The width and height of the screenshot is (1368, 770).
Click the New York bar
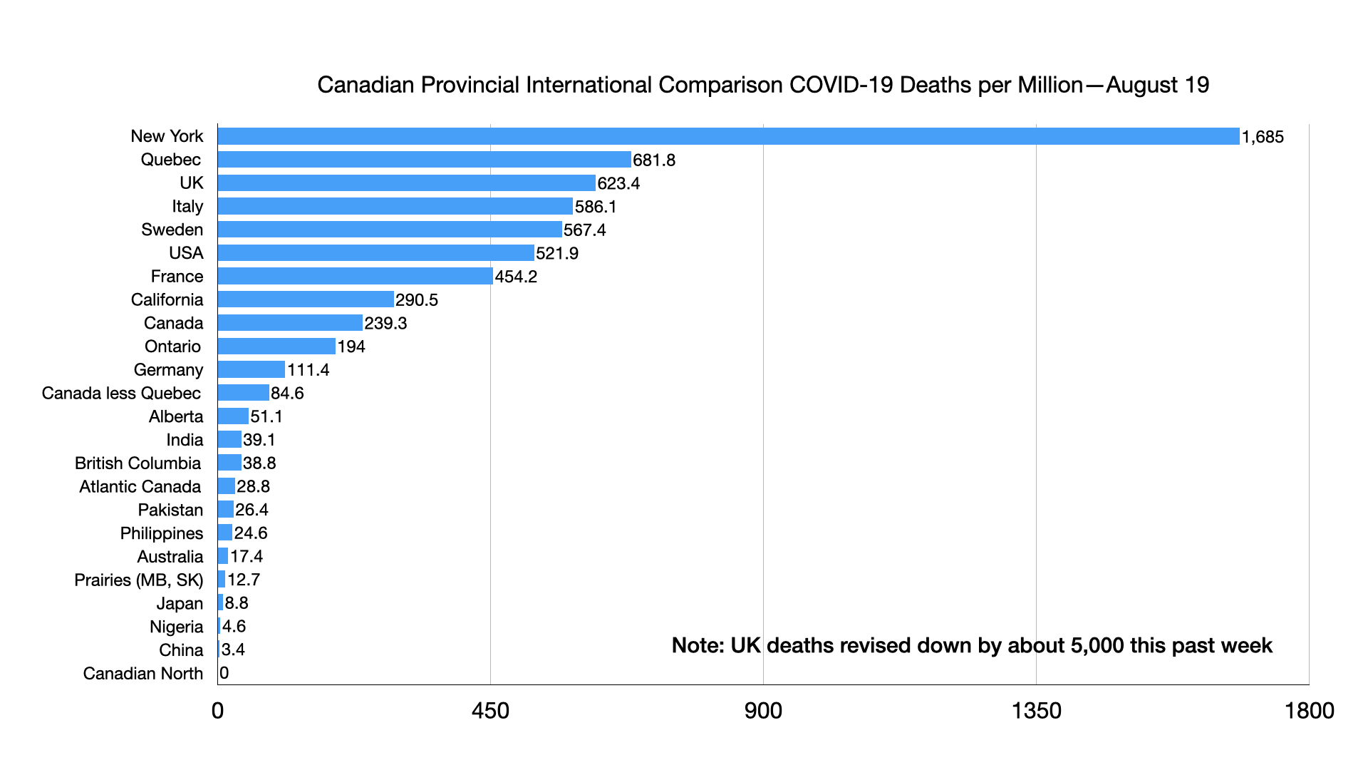(728, 136)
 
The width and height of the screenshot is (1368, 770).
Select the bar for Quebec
(424, 160)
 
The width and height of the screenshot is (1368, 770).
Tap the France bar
(355, 276)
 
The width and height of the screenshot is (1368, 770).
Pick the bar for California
(306, 299)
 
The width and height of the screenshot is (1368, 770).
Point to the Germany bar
(251, 369)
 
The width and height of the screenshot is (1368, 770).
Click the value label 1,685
(1263, 137)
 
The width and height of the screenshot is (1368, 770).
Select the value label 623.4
(618, 183)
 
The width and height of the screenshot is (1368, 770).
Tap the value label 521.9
(557, 253)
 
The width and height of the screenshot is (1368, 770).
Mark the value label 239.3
(385, 323)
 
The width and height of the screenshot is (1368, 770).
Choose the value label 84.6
(287, 393)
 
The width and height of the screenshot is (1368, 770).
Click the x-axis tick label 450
(490, 710)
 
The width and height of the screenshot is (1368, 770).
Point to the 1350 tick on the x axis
(1036, 710)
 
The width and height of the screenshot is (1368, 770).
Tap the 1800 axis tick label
(1309, 710)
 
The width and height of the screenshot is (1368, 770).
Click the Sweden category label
(172, 230)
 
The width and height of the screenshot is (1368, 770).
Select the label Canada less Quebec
(121, 393)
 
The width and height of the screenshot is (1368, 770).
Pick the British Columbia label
(138, 463)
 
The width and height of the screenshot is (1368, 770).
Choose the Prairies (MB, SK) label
(138, 580)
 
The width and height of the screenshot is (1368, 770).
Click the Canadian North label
(142, 673)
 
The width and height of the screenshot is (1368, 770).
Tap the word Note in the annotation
(697, 645)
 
